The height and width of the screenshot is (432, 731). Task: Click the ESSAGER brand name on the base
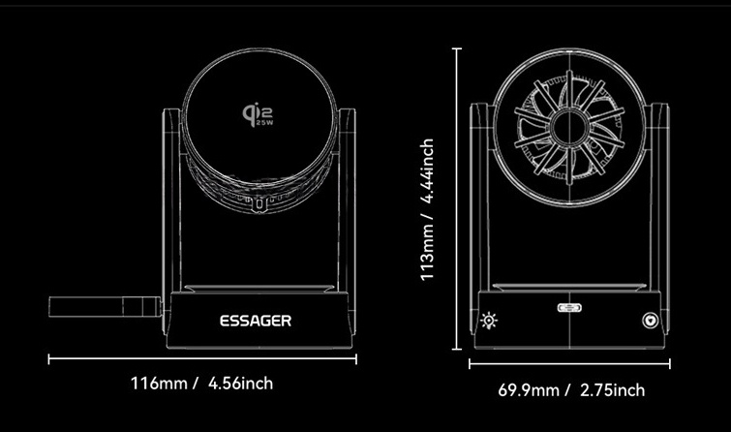(x=256, y=321)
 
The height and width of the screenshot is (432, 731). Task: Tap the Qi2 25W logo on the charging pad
(x=258, y=115)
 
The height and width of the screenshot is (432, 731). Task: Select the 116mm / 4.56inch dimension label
(x=201, y=384)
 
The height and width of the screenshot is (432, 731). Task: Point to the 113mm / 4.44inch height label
(x=427, y=209)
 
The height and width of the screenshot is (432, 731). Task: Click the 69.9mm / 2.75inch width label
(x=571, y=390)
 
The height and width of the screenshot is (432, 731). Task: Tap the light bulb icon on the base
(x=489, y=321)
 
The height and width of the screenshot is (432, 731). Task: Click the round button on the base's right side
(x=650, y=321)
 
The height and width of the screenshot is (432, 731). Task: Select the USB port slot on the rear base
(x=569, y=307)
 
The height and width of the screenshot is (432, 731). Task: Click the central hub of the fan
(x=569, y=128)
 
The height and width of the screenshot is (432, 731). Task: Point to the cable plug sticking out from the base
(x=106, y=307)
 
